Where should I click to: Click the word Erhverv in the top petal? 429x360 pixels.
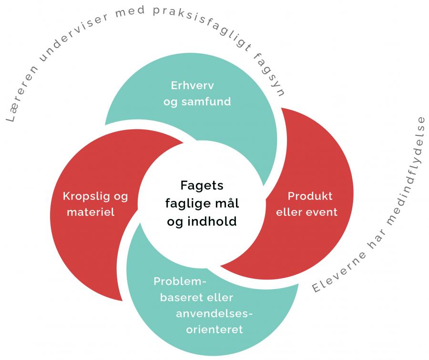[x=192, y=86]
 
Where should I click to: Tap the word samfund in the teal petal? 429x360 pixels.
[x=206, y=101]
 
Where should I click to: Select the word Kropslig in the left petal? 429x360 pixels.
[x=86, y=197]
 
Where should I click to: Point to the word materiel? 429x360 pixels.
[x=91, y=212]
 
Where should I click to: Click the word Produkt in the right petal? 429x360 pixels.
[x=310, y=196]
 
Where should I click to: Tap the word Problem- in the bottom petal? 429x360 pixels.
[x=180, y=281]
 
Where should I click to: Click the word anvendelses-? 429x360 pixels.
[x=214, y=313]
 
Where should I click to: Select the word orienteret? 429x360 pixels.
[x=214, y=330]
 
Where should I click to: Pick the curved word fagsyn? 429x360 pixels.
[x=269, y=75]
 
